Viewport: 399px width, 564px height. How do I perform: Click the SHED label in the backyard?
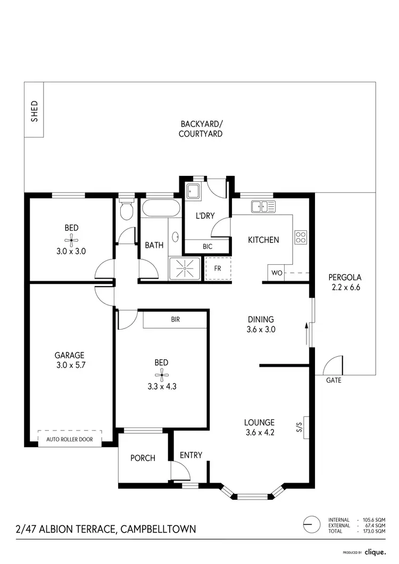[x=35, y=111]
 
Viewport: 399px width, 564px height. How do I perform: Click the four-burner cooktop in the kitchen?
[x=301, y=237]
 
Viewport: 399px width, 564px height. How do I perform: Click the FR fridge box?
[x=218, y=268]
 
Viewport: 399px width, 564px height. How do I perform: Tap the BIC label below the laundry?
[x=207, y=247]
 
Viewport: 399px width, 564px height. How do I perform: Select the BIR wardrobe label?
[x=175, y=319]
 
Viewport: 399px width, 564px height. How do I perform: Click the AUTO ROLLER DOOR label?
[x=70, y=440]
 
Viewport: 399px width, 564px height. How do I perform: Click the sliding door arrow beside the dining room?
[x=307, y=332]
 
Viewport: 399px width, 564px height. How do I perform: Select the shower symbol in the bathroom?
[x=185, y=269]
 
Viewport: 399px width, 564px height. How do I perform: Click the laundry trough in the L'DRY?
[x=192, y=190]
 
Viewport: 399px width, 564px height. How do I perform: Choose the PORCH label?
[x=143, y=458]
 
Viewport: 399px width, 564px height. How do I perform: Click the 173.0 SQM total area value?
[x=374, y=531]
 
